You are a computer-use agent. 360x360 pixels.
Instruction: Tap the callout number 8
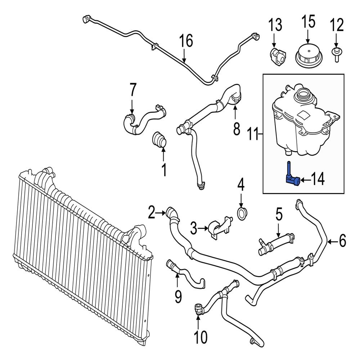236,128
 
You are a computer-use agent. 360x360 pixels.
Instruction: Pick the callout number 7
132,90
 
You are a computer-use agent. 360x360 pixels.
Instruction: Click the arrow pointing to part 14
306,179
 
